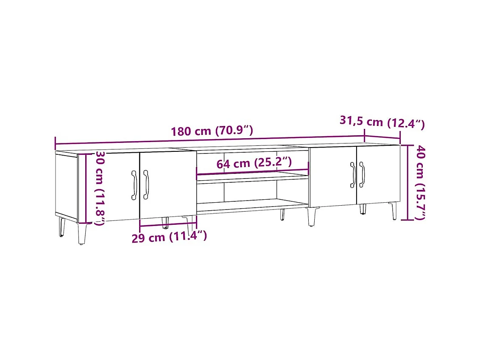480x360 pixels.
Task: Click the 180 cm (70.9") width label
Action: pos(212,131)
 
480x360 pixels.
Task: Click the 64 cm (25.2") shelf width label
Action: pos(254,163)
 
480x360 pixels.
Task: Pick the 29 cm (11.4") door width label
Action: pos(169,237)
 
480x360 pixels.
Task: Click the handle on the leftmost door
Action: pos(134,184)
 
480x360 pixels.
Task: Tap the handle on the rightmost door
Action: pos(362,174)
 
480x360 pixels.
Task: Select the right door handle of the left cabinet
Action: pos(146,184)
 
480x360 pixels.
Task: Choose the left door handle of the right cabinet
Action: pos(352,174)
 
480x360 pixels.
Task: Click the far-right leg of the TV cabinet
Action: pos(394,211)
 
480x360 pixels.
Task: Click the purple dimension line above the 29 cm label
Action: pos(167,225)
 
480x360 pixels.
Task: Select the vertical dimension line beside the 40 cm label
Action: pos(408,182)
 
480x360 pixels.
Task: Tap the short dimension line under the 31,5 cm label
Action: pos(382,137)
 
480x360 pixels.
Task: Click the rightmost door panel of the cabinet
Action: pos(378,175)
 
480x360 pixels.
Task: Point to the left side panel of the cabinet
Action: pos(66,186)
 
